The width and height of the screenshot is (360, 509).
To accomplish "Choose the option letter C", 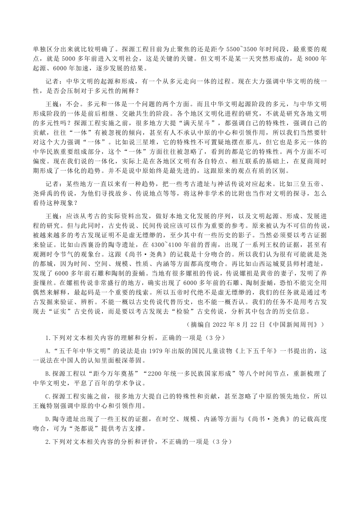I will click(47, 397).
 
